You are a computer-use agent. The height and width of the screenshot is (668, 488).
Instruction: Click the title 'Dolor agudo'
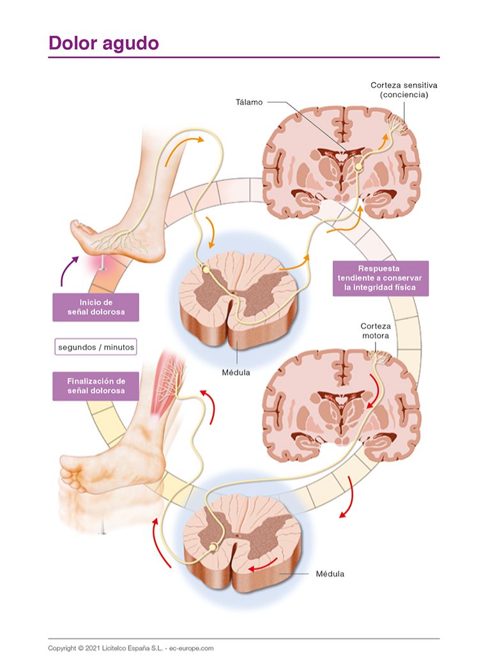click(x=103, y=43)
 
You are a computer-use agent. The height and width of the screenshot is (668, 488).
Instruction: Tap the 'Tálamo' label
click(x=248, y=102)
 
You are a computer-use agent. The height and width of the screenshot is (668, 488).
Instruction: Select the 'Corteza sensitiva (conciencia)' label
click(x=399, y=89)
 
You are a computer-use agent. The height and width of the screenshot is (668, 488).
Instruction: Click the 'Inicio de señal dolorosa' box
click(x=96, y=307)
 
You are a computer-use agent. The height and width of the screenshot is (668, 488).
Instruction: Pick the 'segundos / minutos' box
click(x=96, y=347)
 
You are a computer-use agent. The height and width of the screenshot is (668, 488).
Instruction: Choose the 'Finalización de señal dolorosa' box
click(x=96, y=385)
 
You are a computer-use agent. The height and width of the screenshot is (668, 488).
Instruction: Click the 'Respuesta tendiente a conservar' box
click(x=381, y=278)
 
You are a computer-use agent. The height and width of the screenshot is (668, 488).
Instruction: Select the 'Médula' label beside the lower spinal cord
click(x=330, y=573)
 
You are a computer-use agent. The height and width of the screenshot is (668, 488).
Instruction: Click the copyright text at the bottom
click(x=130, y=648)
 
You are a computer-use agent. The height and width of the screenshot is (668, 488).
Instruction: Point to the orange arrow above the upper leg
click(x=185, y=147)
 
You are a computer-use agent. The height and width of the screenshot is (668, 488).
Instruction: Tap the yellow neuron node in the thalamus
click(x=359, y=166)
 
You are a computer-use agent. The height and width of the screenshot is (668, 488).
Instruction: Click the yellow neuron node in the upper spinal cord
click(x=206, y=271)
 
